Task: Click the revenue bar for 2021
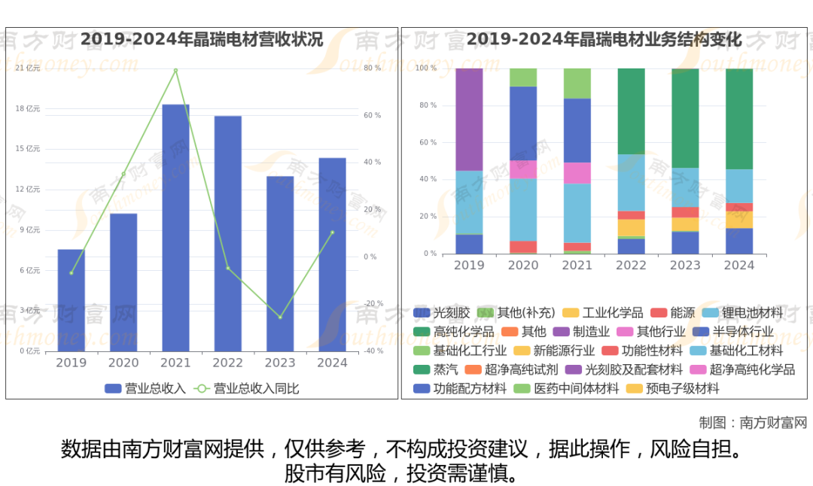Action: [175, 227]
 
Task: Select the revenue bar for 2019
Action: [72, 300]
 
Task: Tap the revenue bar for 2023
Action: [280, 263]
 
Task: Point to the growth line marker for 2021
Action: [175, 71]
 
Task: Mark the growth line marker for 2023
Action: [280, 317]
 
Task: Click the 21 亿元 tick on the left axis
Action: [28, 68]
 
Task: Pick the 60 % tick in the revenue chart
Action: [373, 115]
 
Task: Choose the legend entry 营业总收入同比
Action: [248, 388]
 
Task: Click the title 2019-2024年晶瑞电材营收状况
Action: [202, 39]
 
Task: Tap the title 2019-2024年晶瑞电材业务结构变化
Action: [604, 39]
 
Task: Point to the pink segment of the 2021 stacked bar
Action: [577, 172]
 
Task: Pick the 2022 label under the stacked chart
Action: [631, 265]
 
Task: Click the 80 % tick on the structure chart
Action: [428, 105]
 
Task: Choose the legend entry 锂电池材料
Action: [744, 312]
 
